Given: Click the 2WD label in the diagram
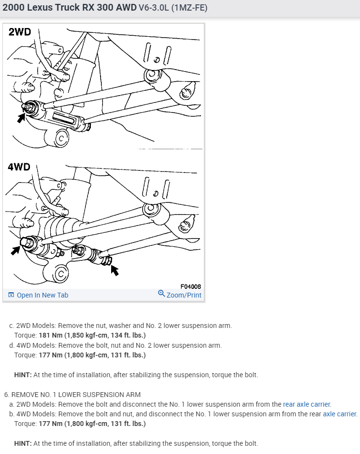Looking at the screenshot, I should pyautogui.click(x=19, y=32).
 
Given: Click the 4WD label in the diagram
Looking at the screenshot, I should pyautogui.click(x=19, y=167).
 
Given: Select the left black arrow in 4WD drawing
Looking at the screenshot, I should pyautogui.click(x=16, y=250).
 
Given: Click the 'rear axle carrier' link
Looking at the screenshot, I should pyautogui.click(x=307, y=404).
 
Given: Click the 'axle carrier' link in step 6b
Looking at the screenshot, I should pyautogui.click(x=340, y=414).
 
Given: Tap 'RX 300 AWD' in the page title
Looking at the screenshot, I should pyautogui.click(x=110, y=8).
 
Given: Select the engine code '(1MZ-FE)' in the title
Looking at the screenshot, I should pyautogui.click(x=189, y=8).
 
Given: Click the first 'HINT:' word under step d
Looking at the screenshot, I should pyautogui.click(x=23, y=375).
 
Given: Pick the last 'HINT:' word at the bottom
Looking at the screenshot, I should pyautogui.click(x=23, y=443).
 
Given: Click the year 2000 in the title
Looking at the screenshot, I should pyautogui.click(x=14, y=8).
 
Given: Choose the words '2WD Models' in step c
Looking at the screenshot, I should pyautogui.click(x=34, y=326).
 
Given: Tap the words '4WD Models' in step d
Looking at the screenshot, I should pyautogui.click(x=34, y=345).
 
